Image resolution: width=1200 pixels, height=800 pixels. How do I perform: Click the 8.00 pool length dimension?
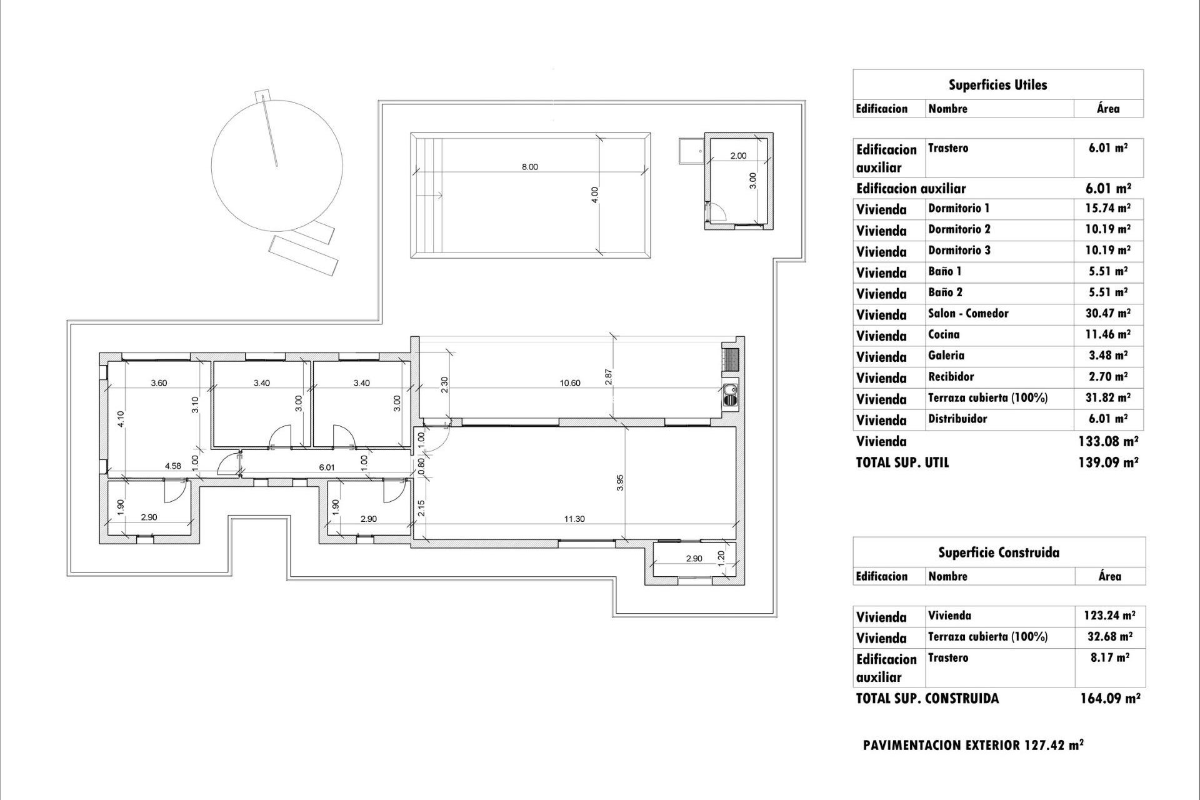(x=529, y=167)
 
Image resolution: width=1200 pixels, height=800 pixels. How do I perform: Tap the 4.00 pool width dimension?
(x=595, y=194)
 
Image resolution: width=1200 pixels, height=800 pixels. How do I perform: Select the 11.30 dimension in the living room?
(x=574, y=519)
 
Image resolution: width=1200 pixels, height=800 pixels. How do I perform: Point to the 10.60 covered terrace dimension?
(x=570, y=383)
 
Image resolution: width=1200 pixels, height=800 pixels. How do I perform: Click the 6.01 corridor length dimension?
(x=327, y=467)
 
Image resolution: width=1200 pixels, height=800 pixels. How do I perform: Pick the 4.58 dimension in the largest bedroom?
(x=173, y=466)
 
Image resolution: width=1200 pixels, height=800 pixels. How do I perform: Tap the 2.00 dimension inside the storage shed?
(x=738, y=156)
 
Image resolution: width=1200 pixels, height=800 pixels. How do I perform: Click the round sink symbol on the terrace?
(x=730, y=394)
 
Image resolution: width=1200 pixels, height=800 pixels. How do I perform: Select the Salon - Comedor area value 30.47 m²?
(x=1107, y=314)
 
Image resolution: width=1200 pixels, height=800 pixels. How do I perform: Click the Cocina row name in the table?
(x=944, y=334)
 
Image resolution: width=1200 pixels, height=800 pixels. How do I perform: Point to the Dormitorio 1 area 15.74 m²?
(x=1107, y=208)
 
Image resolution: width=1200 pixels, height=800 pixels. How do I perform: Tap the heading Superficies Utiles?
(x=997, y=85)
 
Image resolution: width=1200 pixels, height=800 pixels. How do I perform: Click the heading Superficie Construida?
(x=998, y=552)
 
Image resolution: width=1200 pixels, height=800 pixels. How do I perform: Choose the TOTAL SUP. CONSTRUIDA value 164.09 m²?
(x=1110, y=698)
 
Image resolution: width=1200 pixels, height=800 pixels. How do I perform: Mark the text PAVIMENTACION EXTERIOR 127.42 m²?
(x=972, y=745)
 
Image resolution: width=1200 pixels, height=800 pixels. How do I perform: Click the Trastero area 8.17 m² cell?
(x=1109, y=657)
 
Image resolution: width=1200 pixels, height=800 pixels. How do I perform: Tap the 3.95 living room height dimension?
(x=620, y=482)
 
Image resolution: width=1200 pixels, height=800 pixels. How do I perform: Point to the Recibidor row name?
(x=951, y=377)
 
